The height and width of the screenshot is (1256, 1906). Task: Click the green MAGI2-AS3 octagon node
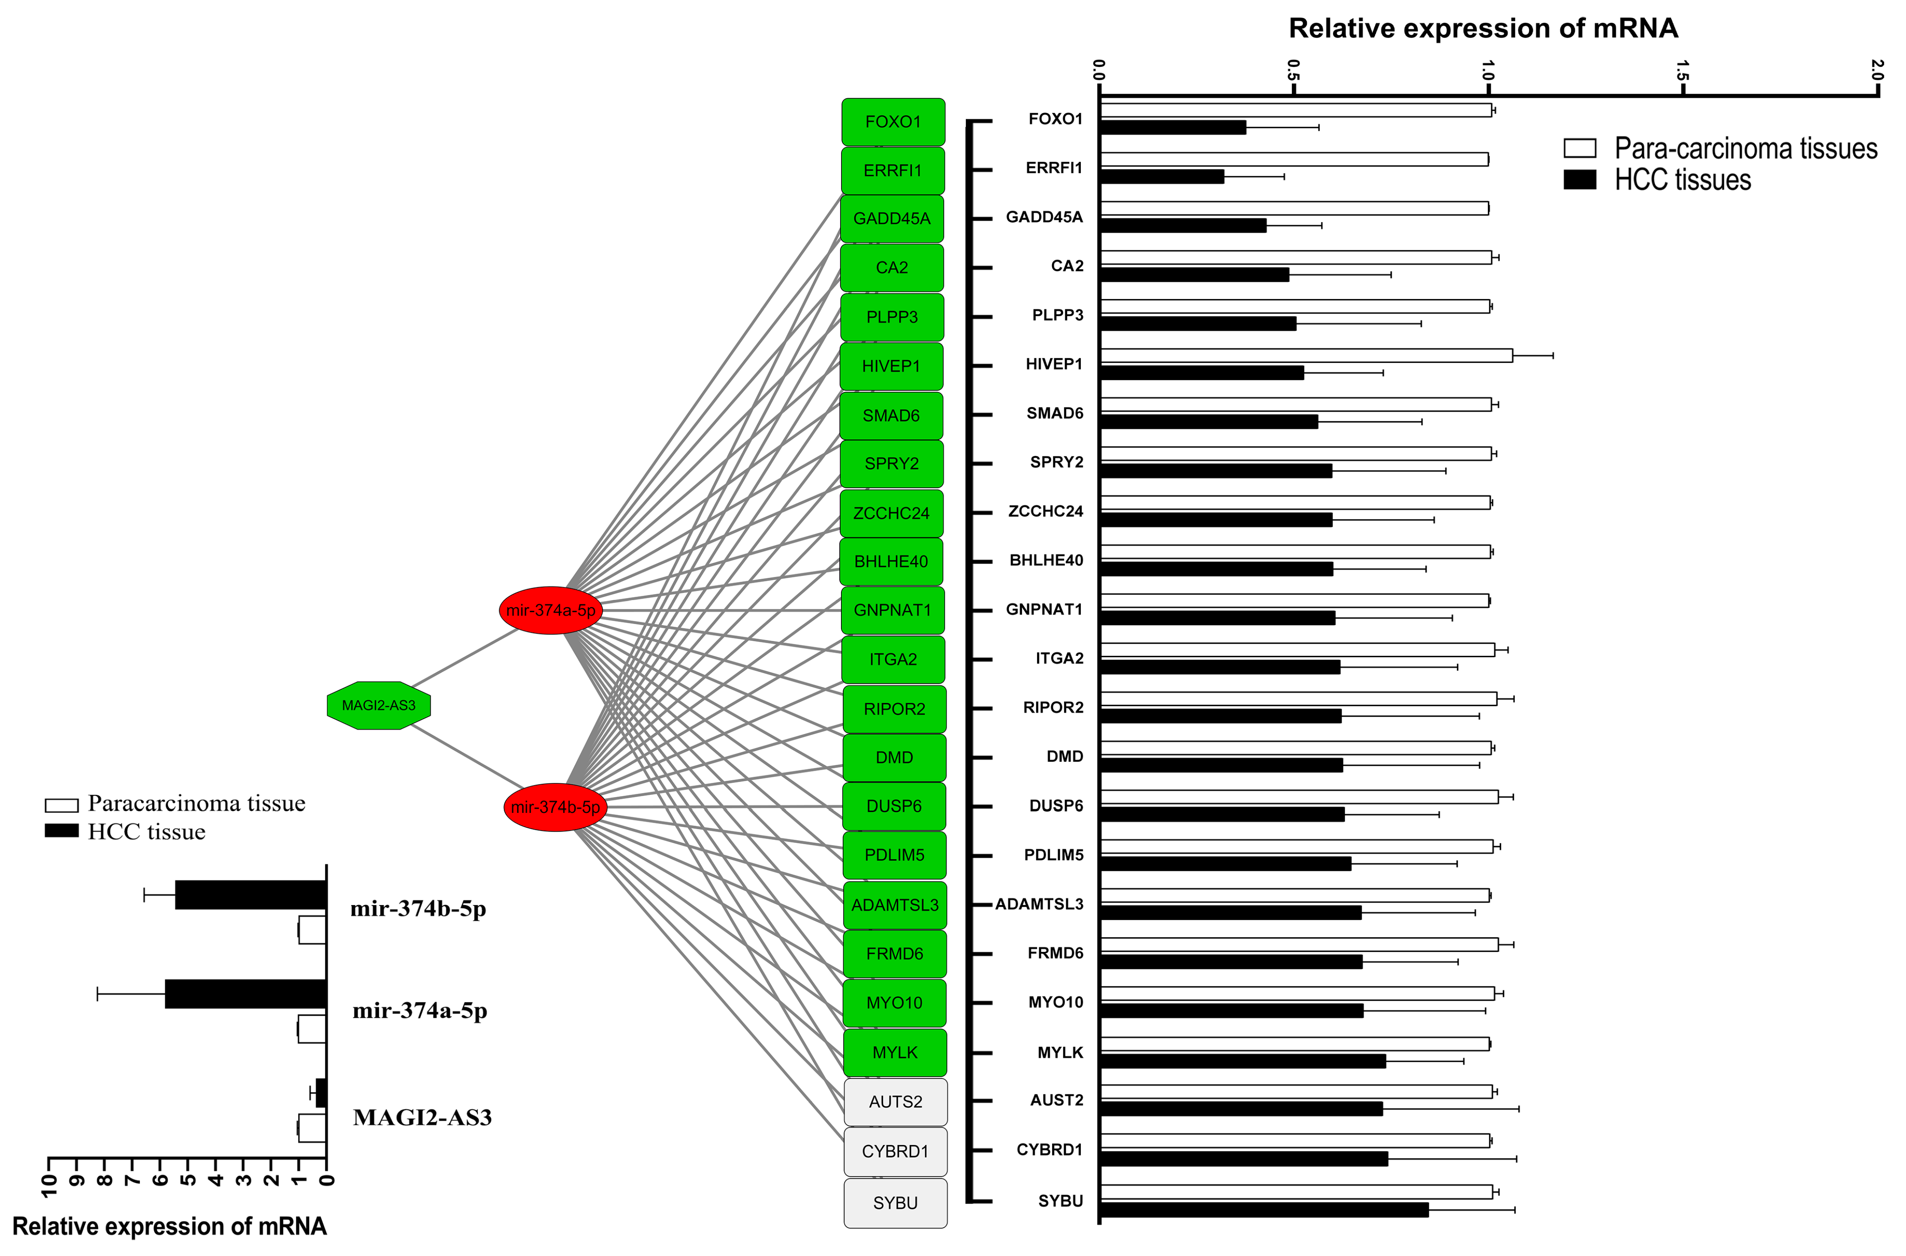coord(379,705)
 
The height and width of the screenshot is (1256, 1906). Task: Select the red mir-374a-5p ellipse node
coord(551,610)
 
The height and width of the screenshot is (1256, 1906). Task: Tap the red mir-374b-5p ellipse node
coord(555,806)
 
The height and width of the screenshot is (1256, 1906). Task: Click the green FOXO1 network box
coord(893,122)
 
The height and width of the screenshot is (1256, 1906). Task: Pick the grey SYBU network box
coord(896,1202)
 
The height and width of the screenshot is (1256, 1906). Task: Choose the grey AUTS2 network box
coord(896,1102)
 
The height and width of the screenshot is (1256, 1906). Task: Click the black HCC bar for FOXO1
coord(1173,127)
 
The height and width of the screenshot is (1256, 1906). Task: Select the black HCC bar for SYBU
coord(1264,1210)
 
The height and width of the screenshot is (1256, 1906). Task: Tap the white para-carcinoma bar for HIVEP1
coord(1306,356)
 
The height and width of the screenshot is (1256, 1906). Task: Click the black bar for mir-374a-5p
coord(246,994)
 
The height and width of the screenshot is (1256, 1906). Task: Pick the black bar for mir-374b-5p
coord(250,895)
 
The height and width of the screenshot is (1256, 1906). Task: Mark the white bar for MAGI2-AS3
coord(311,1128)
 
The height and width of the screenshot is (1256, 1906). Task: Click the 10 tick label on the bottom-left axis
coord(50,1186)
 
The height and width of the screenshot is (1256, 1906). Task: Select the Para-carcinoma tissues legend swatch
coord(1579,148)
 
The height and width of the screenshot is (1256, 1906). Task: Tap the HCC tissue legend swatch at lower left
coord(62,830)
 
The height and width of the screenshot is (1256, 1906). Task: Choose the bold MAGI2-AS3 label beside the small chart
coord(422,1117)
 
